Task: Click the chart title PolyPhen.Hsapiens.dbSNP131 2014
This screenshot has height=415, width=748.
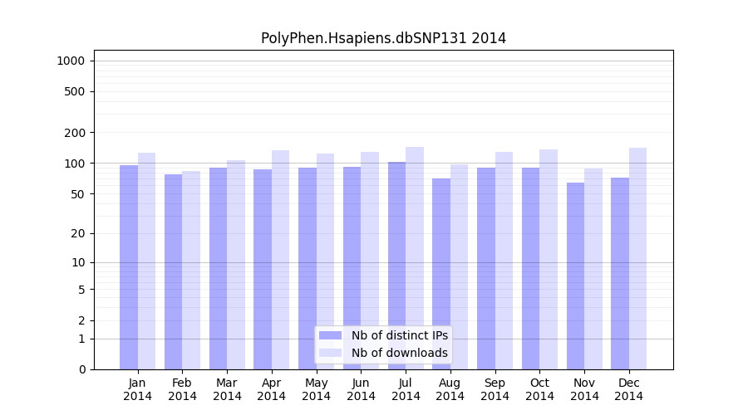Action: click(x=383, y=38)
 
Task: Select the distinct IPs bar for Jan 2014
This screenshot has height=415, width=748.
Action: click(x=129, y=266)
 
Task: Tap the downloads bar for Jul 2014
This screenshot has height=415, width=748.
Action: click(x=414, y=257)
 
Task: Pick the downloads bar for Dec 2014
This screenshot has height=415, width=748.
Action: click(x=637, y=257)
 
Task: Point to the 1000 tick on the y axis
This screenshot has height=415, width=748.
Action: click(x=71, y=61)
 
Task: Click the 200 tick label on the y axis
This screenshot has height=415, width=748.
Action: click(x=75, y=133)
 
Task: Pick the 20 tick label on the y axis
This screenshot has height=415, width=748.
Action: click(x=78, y=233)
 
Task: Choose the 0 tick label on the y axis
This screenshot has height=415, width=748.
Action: click(x=81, y=369)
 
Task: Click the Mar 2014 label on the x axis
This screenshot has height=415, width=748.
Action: click(x=227, y=389)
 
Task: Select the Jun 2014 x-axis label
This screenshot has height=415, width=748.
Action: click(x=361, y=389)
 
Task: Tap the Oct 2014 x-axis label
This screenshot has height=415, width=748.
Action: click(x=539, y=389)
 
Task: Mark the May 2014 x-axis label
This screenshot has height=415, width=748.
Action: click(x=316, y=389)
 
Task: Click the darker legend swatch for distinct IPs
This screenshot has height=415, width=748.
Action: click(x=330, y=335)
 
